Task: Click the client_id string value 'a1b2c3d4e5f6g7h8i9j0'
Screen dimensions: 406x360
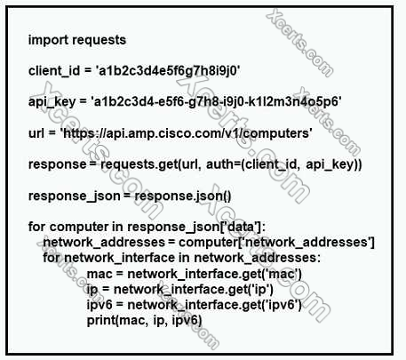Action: (x=167, y=71)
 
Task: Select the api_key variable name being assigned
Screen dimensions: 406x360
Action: (x=52, y=102)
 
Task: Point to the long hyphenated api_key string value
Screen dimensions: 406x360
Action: (x=216, y=101)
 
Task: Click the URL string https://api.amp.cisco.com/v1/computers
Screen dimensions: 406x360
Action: (x=187, y=133)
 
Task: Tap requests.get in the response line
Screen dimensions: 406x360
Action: (x=139, y=164)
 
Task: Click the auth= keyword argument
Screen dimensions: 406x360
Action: (x=223, y=164)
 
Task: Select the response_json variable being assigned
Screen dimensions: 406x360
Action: (x=75, y=196)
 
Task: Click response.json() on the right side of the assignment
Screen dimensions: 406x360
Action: (x=183, y=196)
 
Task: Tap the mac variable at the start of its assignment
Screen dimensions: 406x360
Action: (x=100, y=274)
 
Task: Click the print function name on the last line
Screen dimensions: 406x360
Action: (x=101, y=320)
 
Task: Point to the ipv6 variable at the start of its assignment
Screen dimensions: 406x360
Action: (x=100, y=305)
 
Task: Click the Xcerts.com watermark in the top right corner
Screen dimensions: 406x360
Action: (x=299, y=43)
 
